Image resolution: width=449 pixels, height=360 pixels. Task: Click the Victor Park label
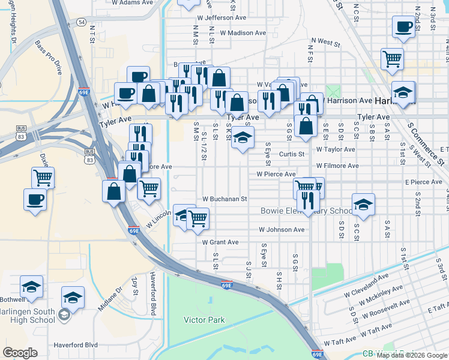click(x=205, y=320)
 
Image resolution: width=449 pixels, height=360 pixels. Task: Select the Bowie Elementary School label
click(x=307, y=211)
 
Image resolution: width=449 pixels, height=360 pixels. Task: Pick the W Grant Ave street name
click(x=220, y=242)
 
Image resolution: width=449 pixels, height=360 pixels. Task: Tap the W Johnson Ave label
click(x=282, y=229)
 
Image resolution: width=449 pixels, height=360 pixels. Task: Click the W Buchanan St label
click(x=225, y=199)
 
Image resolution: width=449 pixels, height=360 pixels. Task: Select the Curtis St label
click(x=292, y=154)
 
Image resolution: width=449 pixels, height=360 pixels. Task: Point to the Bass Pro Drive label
click(x=48, y=54)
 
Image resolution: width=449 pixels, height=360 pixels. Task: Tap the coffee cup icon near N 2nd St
click(x=403, y=26)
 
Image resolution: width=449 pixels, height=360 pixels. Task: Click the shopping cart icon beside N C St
click(x=392, y=59)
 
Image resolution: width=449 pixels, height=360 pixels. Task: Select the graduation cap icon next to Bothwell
click(x=31, y=287)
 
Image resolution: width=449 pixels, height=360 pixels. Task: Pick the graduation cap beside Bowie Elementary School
click(x=363, y=205)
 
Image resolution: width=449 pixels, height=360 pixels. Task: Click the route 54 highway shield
click(x=81, y=22)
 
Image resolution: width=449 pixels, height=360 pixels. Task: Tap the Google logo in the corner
click(x=20, y=353)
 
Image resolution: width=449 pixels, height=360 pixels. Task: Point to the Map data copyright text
click(x=411, y=355)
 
